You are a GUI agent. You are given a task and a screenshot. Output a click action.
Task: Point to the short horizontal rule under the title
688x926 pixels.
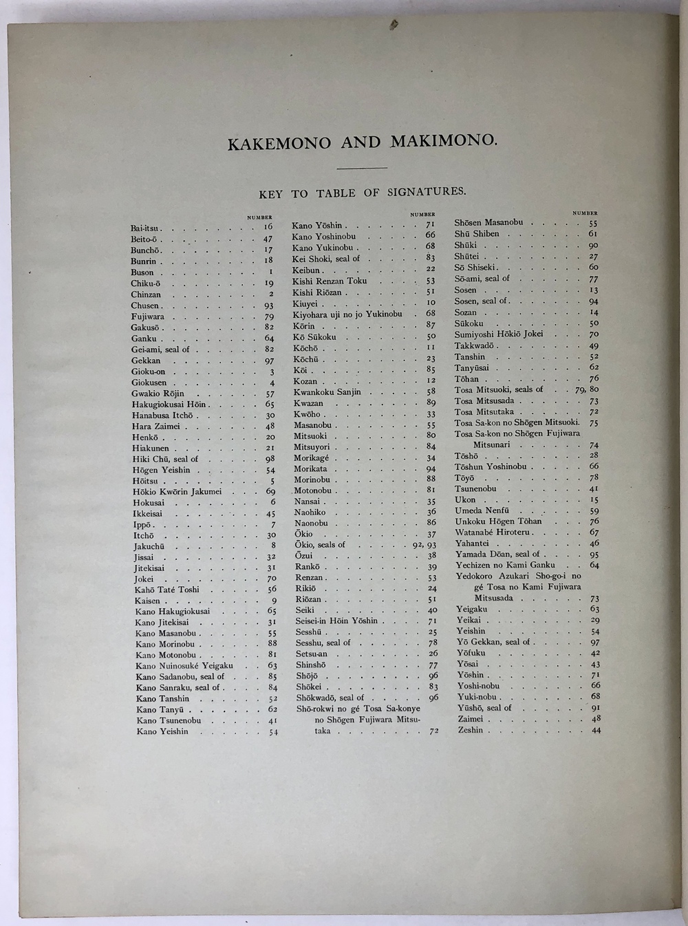click(x=363, y=167)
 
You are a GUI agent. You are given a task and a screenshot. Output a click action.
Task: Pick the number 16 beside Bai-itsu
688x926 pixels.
click(x=268, y=226)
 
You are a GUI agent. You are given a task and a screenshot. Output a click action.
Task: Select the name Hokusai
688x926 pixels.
click(x=148, y=503)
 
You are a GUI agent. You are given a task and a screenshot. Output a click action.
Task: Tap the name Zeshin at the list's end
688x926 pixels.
click(x=471, y=730)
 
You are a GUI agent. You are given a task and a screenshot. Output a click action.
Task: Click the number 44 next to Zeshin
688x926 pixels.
click(x=595, y=730)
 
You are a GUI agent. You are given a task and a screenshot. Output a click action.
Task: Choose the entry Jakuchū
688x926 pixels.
click(x=149, y=547)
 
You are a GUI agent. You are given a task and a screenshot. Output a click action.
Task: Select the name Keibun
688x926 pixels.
click(x=306, y=270)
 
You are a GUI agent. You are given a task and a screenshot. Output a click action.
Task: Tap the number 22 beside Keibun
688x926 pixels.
click(x=431, y=269)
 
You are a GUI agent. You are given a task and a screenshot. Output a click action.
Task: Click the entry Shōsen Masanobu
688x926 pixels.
click(x=488, y=223)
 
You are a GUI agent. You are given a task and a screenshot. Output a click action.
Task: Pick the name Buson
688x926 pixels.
click(x=142, y=272)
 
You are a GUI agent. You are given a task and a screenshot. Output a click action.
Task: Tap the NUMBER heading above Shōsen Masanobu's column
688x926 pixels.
click(x=585, y=213)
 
